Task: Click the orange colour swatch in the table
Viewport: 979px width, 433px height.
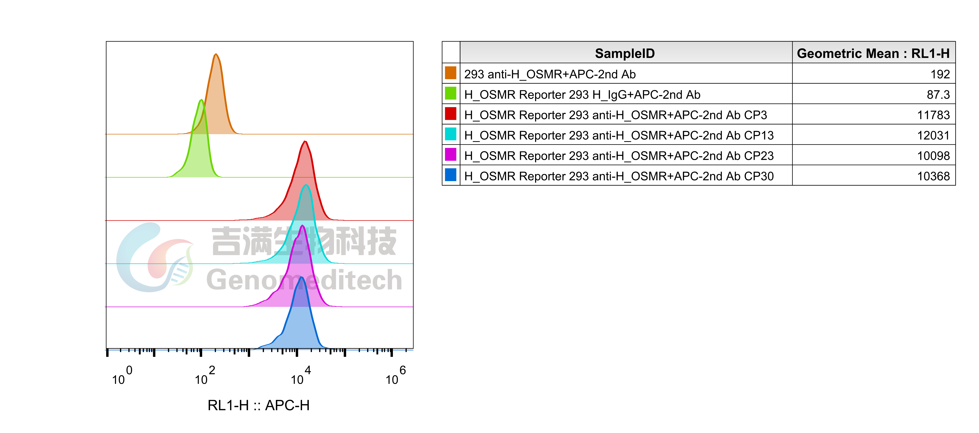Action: (x=450, y=73)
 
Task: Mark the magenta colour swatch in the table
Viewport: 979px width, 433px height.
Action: (x=450, y=155)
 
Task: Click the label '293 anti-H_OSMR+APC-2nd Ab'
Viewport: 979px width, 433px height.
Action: (x=550, y=74)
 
